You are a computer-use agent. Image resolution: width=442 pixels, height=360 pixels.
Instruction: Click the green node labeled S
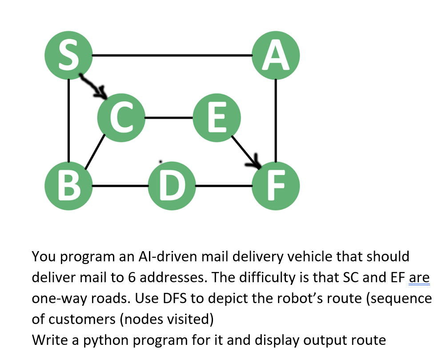pyautogui.click(x=68, y=56)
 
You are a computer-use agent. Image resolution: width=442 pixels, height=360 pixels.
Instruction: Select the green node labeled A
pyautogui.click(x=276, y=56)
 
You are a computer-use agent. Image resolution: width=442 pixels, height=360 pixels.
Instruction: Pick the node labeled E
pyautogui.click(x=216, y=117)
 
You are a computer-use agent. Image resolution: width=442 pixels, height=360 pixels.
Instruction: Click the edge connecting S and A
pyautogui.click(x=172, y=56)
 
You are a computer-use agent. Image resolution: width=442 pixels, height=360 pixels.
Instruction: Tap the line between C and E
pyautogui.click(x=169, y=118)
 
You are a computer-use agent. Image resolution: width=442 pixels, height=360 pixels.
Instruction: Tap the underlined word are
pyautogui.click(x=419, y=278)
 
